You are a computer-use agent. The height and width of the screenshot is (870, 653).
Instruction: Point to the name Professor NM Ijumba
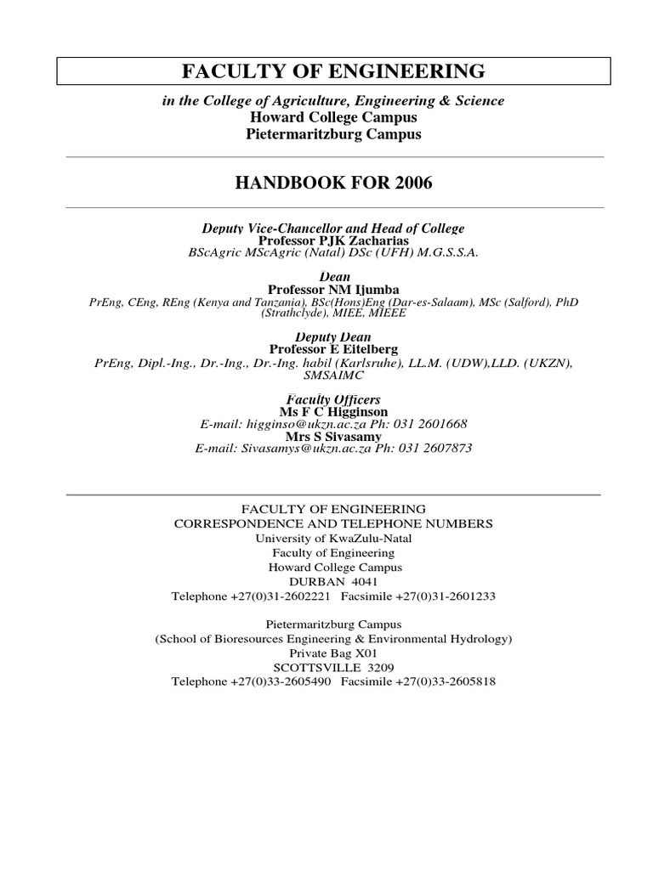coord(332,290)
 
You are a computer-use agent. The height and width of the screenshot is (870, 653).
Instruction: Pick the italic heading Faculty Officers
coord(332,399)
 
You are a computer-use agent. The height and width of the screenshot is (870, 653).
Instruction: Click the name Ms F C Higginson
coord(332,411)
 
